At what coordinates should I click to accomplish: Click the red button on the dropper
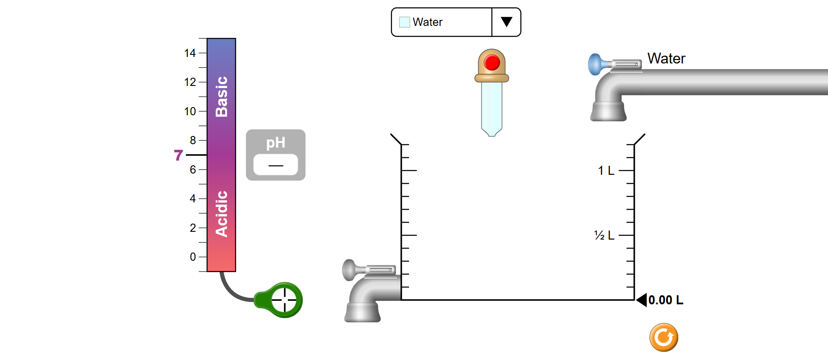(491, 63)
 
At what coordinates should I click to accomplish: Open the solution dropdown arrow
(506, 22)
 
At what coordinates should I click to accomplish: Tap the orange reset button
(664, 337)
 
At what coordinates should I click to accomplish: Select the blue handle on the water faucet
(595, 64)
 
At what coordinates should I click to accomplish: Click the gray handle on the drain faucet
(349, 270)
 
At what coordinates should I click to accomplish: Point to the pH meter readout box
(275, 165)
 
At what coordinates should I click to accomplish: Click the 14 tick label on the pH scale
(190, 53)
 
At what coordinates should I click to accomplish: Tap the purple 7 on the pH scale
(178, 155)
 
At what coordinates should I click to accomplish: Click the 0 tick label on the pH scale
(192, 257)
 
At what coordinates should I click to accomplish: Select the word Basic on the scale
(221, 97)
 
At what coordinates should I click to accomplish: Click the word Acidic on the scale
(221, 214)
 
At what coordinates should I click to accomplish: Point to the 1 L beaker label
(606, 171)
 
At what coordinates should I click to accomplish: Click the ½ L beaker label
(604, 235)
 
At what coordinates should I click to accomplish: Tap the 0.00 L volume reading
(665, 300)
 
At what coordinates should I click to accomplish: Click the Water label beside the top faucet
(666, 58)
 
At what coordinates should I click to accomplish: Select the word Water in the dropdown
(427, 22)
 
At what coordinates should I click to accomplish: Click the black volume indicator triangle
(642, 300)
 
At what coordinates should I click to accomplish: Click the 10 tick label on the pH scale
(190, 111)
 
